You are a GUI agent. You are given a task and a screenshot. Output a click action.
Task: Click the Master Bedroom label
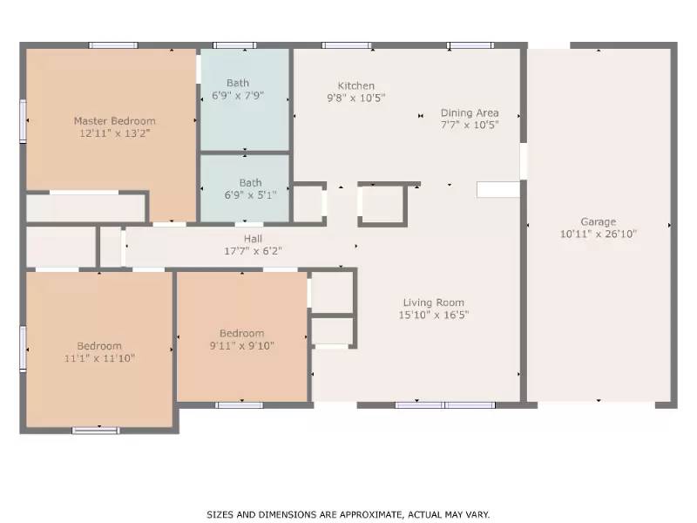114,121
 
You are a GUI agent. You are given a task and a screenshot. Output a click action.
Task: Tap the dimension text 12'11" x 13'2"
114,133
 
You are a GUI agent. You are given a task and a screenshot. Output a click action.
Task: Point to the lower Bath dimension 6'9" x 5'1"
251,195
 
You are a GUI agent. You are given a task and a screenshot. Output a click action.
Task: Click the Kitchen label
356,85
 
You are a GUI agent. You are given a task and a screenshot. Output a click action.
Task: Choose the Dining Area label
469,112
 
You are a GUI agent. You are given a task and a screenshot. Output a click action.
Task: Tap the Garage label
599,221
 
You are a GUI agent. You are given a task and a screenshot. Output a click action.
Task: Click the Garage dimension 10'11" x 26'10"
599,234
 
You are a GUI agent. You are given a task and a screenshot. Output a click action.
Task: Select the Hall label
253,238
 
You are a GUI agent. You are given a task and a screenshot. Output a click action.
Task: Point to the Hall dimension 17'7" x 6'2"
253,251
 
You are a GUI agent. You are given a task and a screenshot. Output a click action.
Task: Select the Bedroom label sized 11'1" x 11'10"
98,346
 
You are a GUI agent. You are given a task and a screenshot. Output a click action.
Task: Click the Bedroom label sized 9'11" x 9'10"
241,333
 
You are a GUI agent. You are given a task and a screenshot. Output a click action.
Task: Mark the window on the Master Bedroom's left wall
24,119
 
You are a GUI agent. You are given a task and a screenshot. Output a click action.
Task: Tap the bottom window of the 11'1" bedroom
95,429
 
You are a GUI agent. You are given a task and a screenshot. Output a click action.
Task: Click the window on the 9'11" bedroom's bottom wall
240,404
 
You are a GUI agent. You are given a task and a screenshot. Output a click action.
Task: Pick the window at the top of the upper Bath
234,45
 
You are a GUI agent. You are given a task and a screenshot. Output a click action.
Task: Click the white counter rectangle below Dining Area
498,189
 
